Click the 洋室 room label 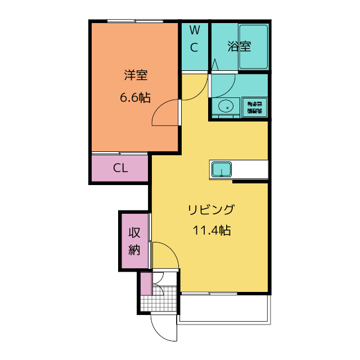click(x=136, y=74)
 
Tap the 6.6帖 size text click(x=135, y=97)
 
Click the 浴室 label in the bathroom click(x=239, y=47)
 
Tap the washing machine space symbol click(x=255, y=107)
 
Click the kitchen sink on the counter click(x=221, y=169)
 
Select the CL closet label click(x=120, y=168)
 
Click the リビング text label click(x=211, y=210)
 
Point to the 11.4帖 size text click(x=211, y=230)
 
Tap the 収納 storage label click(x=134, y=241)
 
